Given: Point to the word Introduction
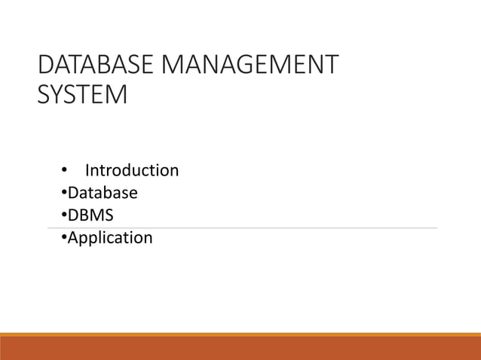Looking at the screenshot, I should pyautogui.click(x=132, y=170).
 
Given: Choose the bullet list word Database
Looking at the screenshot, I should pyautogui.click(x=103, y=193).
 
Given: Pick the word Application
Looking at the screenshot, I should pyautogui.click(x=110, y=238).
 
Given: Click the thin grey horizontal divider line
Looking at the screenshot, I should pyautogui.click(x=302, y=227).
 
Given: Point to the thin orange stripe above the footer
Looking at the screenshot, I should pyautogui.click(x=240, y=334).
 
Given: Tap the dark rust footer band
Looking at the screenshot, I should pyautogui.click(x=240, y=349).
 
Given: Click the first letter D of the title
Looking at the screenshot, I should pyautogui.click(x=44, y=65).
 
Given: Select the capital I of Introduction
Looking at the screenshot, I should pyautogui.click(x=87, y=170).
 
